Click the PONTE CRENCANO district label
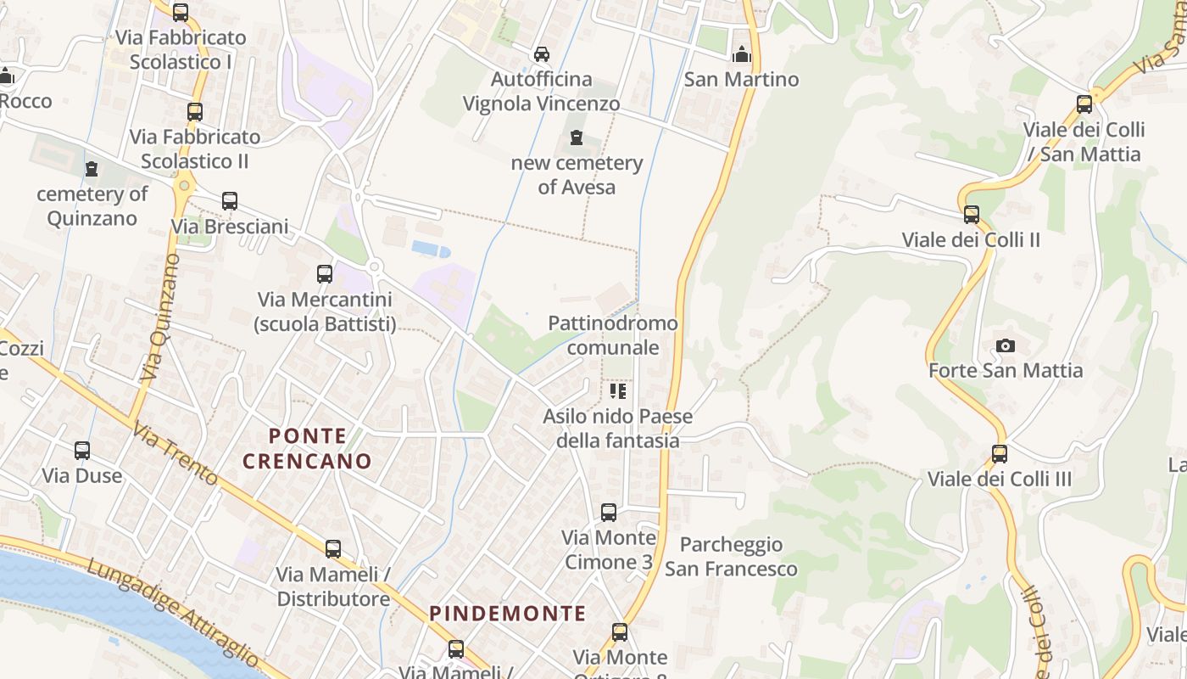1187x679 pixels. pyautogui.click(x=307, y=449)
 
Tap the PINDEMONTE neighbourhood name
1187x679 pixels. pyautogui.click(x=507, y=613)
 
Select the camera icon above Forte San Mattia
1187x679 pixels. pyautogui.click(x=1006, y=345)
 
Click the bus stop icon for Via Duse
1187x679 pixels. pyautogui.click(x=82, y=451)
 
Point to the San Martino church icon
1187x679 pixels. pyautogui.click(x=742, y=54)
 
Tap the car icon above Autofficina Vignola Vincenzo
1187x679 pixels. pyautogui.click(x=541, y=54)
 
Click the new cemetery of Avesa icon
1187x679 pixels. pyautogui.click(x=577, y=137)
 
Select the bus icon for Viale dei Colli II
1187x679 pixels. pyautogui.click(x=972, y=215)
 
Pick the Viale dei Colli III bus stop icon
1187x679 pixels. pyautogui.click(x=1000, y=454)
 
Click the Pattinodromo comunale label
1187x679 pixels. pyautogui.click(x=613, y=335)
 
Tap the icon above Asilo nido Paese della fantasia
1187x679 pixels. pyautogui.click(x=618, y=391)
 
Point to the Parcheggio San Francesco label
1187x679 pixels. pyautogui.click(x=731, y=556)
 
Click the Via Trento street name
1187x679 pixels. pyautogui.click(x=176, y=455)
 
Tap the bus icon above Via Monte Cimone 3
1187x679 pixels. pyautogui.click(x=609, y=513)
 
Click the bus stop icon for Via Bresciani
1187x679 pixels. pyautogui.click(x=230, y=202)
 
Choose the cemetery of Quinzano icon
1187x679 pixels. pyautogui.click(x=92, y=169)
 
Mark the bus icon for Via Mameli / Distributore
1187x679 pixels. pyautogui.click(x=333, y=549)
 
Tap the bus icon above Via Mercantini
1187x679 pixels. pyautogui.click(x=325, y=274)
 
